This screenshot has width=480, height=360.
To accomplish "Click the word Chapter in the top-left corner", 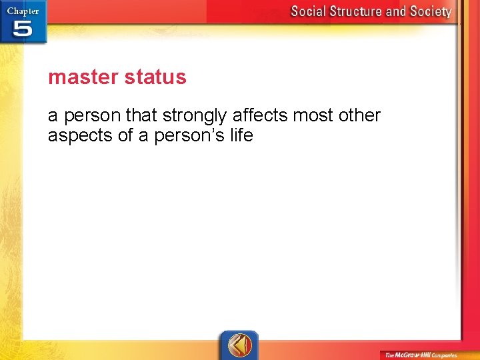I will [23, 11].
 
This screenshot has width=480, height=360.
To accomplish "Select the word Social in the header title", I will [309, 11].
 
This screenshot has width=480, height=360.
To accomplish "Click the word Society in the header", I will [432, 11].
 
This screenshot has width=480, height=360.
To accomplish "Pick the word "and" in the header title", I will [399, 11].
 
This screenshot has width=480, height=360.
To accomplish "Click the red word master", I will [79, 77].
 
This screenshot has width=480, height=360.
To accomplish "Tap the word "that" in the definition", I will [141, 115].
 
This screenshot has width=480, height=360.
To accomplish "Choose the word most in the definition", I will [311, 115].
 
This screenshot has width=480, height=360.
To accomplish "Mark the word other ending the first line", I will [359, 115].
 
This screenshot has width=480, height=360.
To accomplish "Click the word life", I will [241, 135].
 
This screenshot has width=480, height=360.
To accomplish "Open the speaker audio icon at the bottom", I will [238, 345].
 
